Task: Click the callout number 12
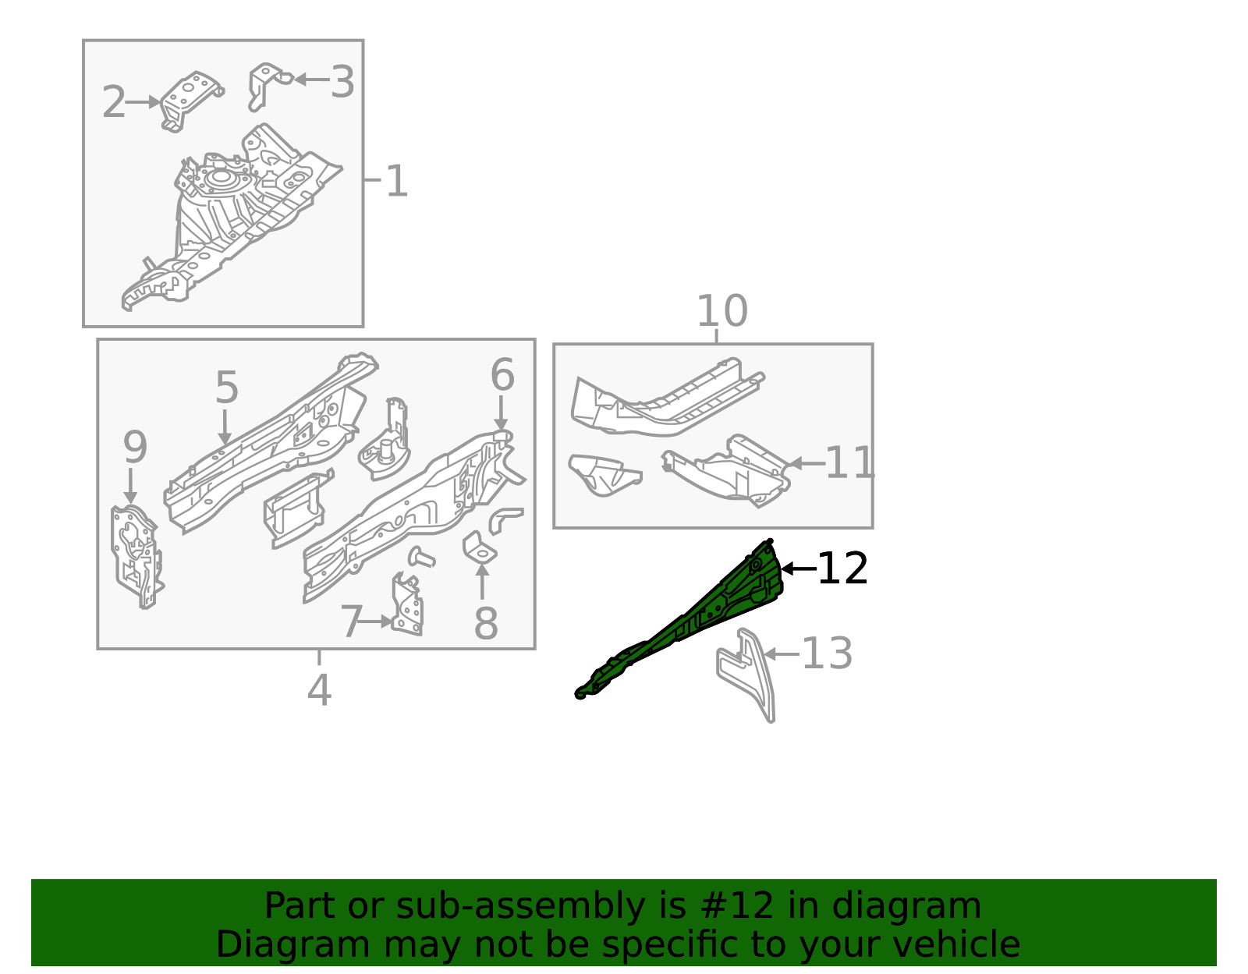point(842,568)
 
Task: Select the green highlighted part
point(702,616)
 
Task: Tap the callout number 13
point(827,653)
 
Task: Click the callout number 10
point(721,312)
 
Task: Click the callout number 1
point(397,182)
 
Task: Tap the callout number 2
point(114,103)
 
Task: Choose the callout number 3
point(342,82)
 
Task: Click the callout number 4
point(319,690)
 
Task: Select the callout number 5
point(226,388)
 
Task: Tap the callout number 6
point(502,375)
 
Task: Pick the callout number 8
point(486,624)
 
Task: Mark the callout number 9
point(135,448)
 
